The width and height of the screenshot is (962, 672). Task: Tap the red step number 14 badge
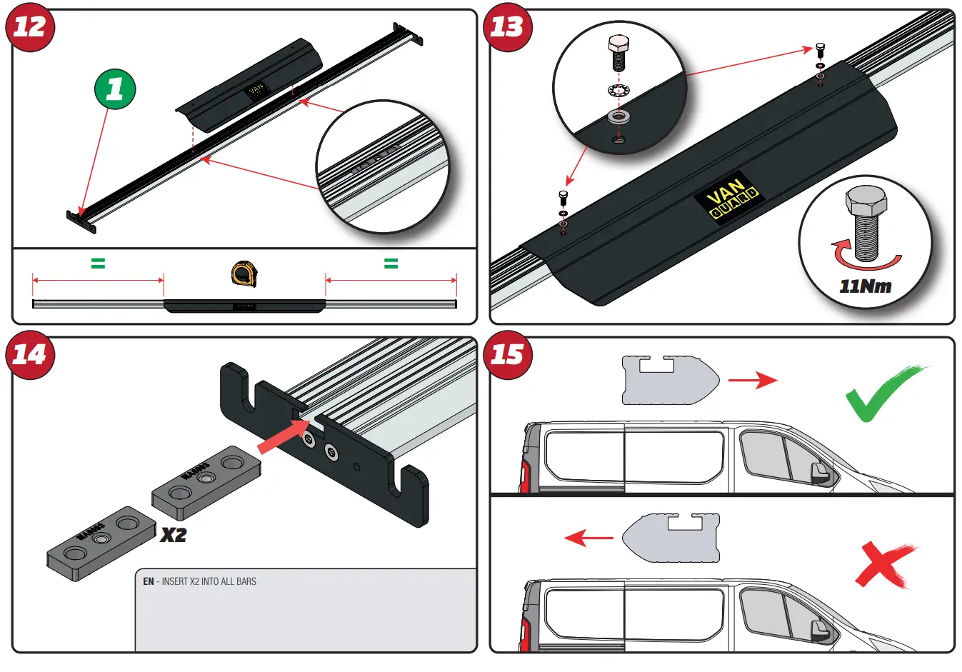(30, 354)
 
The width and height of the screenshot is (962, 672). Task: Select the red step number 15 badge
(508, 354)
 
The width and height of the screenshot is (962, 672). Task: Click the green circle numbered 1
(115, 89)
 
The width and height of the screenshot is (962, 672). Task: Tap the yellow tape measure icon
(244, 274)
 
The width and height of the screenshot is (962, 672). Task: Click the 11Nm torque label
(865, 286)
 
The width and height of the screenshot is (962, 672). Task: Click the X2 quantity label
(173, 535)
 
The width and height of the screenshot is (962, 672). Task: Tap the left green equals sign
(98, 264)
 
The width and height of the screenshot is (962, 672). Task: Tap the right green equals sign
(391, 264)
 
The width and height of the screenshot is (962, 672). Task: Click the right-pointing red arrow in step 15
(752, 380)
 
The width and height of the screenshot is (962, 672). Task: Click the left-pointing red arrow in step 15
(588, 537)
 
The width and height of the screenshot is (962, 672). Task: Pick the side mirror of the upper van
(820, 473)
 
